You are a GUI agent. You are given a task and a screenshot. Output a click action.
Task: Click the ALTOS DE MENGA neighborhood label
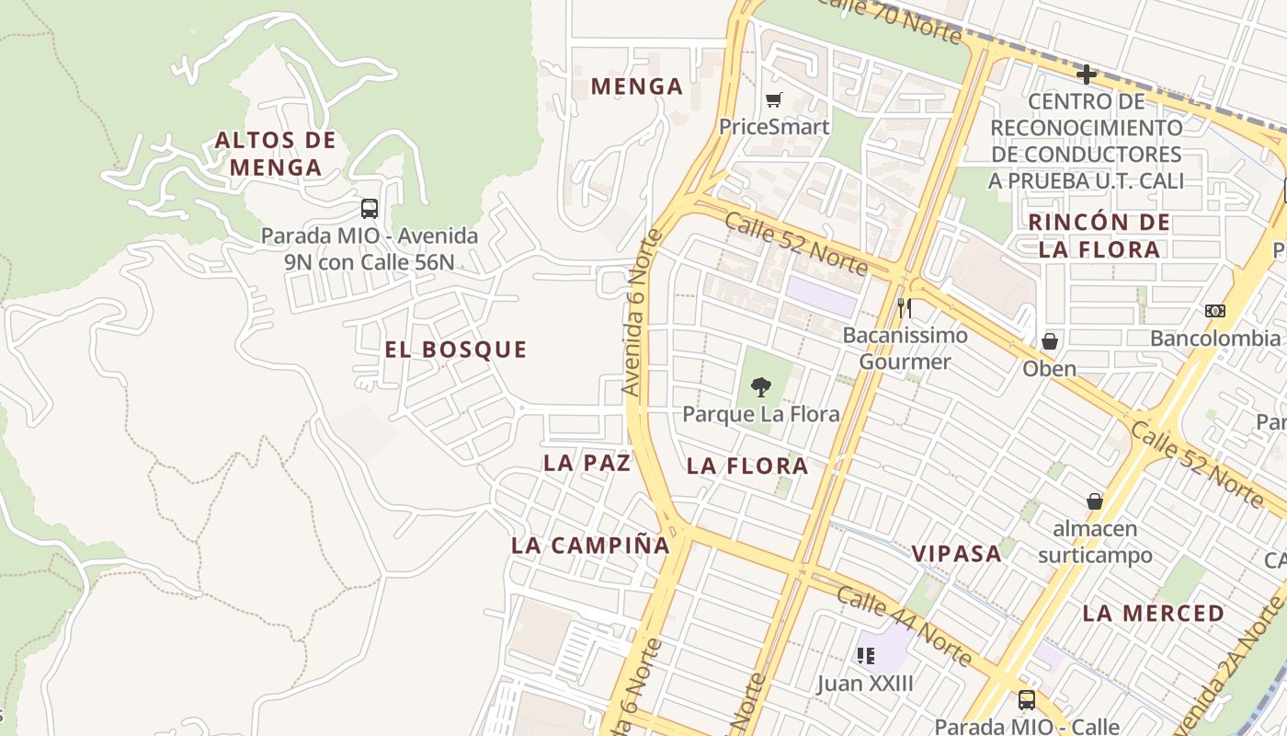point(276,154)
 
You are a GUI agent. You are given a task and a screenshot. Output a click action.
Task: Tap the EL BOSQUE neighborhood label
point(456,350)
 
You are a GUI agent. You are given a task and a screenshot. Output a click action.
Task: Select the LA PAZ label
point(587,463)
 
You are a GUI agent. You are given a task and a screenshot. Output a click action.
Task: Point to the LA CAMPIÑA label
point(590,545)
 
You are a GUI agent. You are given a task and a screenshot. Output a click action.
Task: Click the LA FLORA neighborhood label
point(747,466)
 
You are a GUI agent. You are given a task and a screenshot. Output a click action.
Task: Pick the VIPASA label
point(956,553)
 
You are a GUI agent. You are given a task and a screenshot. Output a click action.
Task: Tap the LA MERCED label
point(1154,613)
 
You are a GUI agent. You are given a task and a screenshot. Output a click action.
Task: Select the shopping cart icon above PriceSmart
point(774,99)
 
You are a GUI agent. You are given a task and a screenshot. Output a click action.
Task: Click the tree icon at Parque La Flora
point(760,386)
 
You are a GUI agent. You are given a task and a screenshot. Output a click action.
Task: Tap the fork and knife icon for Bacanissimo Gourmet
point(905,307)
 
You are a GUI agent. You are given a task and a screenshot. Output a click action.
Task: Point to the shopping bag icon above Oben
point(1050,341)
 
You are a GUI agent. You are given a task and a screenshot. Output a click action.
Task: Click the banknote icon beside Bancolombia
point(1214,311)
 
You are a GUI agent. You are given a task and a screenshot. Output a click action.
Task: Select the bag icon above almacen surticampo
point(1095,500)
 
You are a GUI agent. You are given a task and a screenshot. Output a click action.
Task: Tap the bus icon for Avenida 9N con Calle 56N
point(370,208)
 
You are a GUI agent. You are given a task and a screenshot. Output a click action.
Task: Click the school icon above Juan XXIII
point(865,655)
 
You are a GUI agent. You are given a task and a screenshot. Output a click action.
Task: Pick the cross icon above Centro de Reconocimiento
point(1087,74)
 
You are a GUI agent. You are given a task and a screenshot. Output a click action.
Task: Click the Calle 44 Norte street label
point(905,626)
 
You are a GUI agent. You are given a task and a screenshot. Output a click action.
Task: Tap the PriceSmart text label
point(774,127)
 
